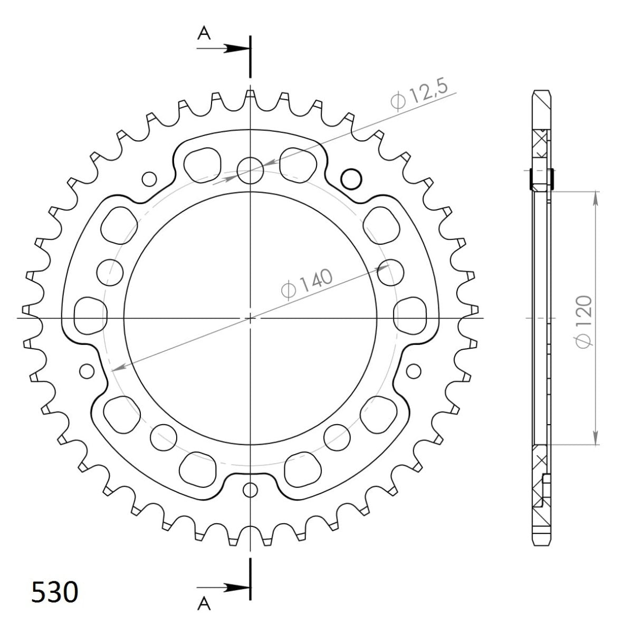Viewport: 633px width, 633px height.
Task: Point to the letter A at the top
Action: [x=204, y=34]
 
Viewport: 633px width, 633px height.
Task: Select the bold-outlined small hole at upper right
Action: [x=351, y=179]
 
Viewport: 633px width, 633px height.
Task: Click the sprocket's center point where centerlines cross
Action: [x=250, y=318]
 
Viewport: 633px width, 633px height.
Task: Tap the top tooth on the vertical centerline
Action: [x=250, y=95]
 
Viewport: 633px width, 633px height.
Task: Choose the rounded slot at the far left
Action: [x=90, y=315]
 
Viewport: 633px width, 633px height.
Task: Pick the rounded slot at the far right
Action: [x=410, y=315]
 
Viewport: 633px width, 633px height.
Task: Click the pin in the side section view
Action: [x=541, y=179]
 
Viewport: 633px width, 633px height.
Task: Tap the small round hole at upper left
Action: [x=149, y=179]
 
